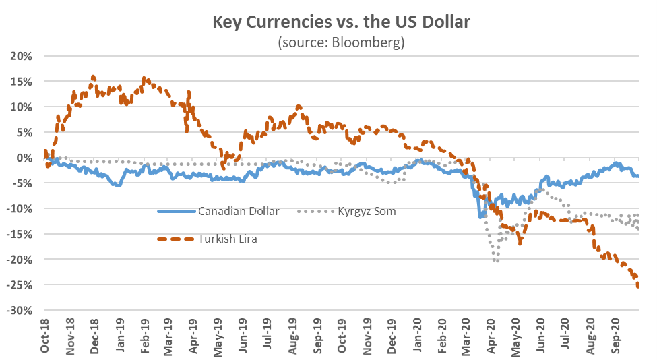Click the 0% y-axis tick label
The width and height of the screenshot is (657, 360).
pyautogui.click(x=24, y=158)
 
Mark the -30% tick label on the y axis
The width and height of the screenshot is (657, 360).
pyautogui.click(x=20, y=311)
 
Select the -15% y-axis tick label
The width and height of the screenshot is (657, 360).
pyautogui.click(x=20, y=234)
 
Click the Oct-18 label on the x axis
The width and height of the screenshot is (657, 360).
pyautogui.click(x=44, y=335)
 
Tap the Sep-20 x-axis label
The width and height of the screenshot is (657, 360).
pyautogui.click(x=616, y=335)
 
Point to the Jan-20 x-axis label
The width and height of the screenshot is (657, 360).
pyautogui.click(x=418, y=335)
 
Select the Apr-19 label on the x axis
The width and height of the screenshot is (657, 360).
pyautogui.click(x=194, y=335)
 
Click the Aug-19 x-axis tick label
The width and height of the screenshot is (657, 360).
pyautogui.click(x=294, y=335)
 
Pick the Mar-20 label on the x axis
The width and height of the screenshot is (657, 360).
pyautogui.click(x=467, y=335)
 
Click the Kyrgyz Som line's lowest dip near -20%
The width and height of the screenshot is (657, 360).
pyautogui.click(x=497, y=261)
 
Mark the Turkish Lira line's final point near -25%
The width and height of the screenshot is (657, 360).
pyautogui.click(x=638, y=287)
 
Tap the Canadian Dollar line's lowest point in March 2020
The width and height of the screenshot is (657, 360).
pyautogui.click(x=480, y=217)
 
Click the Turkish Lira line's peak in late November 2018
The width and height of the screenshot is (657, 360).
pyautogui.click(x=93, y=77)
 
